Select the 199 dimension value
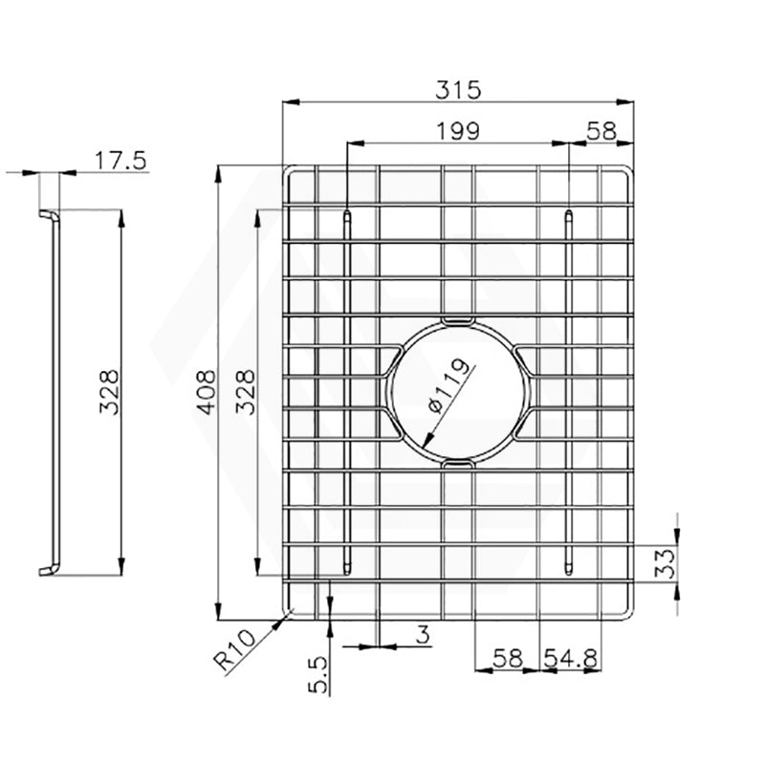pyautogui.click(x=459, y=132)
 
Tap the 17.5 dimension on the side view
pyautogui.click(x=122, y=161)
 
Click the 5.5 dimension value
pyautogui.click(x=319, y=673)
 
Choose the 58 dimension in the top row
pyautogui.click(x=601, y=132)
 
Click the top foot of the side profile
pyautogui.click(x=47, y=217)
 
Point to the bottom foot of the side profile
pyautogui.click(x=47, y=571)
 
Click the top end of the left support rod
pyautogui.click(x=346, y=216)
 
